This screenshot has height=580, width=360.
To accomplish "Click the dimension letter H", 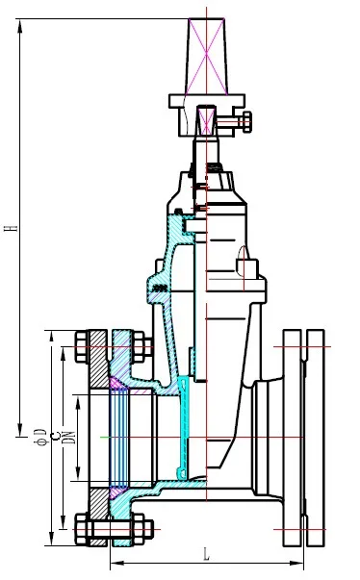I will tap(10, 229).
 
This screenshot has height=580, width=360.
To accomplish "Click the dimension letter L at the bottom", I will tap(208, 553).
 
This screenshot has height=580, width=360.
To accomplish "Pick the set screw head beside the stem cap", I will tap(246, 121).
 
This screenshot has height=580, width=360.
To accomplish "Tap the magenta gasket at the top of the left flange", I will tap(116, 383).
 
